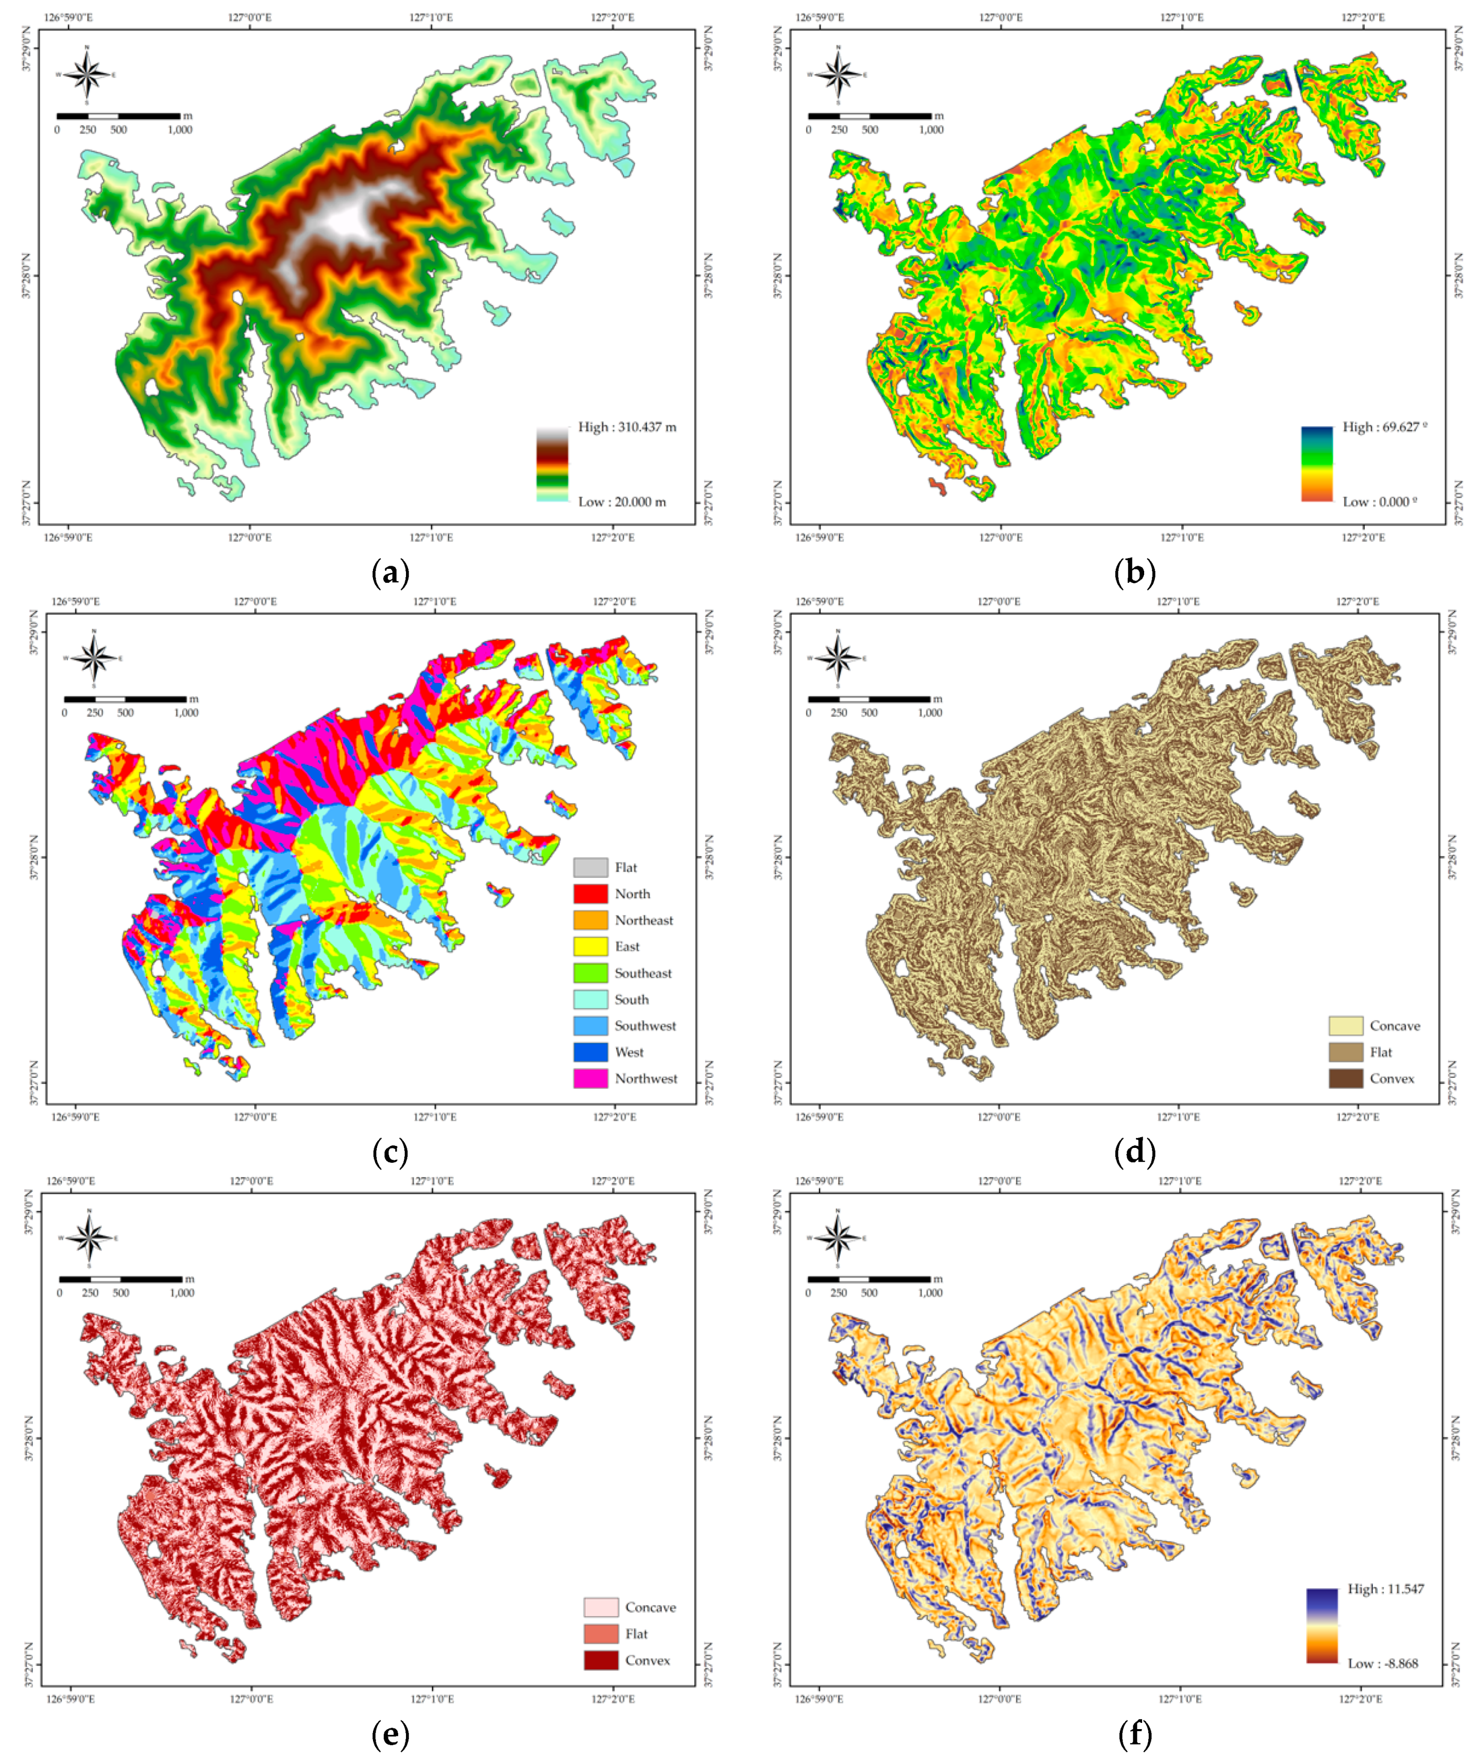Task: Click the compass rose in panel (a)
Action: tap(87, 75)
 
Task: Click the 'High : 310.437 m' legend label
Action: tap(627, 427)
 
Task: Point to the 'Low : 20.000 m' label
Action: tap(622, 501)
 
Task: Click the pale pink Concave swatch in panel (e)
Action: tap(601, 1606)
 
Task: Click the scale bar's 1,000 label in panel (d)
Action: tap(930, 713)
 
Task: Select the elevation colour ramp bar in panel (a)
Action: tap(552, 464)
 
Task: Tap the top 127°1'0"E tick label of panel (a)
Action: tap(432, 17)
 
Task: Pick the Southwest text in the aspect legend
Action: tap(644, 1025)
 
